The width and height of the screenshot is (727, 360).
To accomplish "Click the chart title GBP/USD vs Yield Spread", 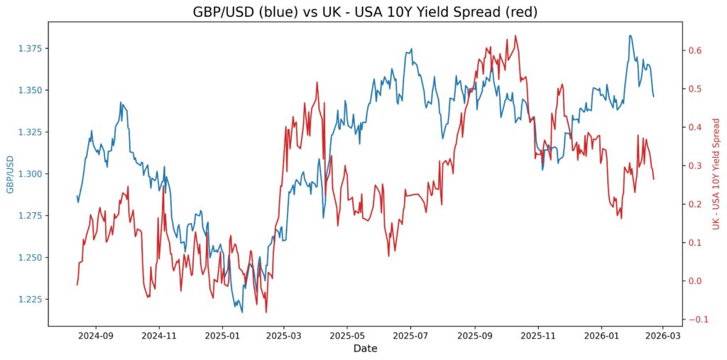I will pyautogui.click(x=366, y=11).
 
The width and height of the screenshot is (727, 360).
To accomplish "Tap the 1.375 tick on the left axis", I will pyautogui.click(x=30, y=48).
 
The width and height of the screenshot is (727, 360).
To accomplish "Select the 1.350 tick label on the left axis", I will pyautogui.click(x=30, y=90).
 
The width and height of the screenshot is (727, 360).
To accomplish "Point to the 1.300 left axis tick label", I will pyautogui.click(x=30, y=174).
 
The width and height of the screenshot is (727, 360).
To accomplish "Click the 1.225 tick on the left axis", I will pyautogui.click(x=30, y=300).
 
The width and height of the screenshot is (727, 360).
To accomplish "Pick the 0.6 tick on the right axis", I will pyautogui.click(x=693, y=50).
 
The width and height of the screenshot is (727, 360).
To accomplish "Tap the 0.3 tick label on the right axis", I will pyautogui.click(x=693, y=165).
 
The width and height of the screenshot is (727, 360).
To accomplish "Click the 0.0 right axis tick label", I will pyautogui.click(x=693, y=281).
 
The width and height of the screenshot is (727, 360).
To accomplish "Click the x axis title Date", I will pyautogui.click(x=366, y=349).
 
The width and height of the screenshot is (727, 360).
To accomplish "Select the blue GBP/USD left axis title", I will pyautogui.click(x=9, y=174).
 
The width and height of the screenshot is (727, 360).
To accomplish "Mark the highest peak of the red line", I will pyautogui.click(x=515, y=36).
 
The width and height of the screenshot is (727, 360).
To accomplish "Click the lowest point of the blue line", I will pyautogui.click(x=241, y=312).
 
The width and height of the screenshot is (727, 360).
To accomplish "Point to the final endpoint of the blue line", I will pyautogui.click(x=654, y=97).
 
